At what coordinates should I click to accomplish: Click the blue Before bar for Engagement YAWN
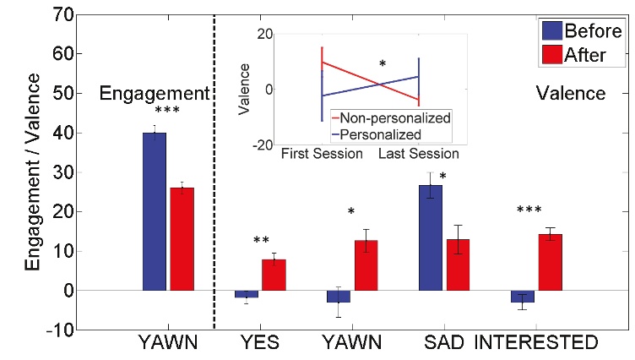tap(155, 211)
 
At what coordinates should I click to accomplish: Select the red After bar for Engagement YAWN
tap(182, 239)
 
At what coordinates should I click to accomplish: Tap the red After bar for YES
tap(274, 275)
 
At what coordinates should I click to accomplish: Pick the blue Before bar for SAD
tap(431, 238)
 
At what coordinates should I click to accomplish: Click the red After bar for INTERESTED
tap(551, 263)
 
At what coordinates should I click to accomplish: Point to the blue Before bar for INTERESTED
tap(523, 297)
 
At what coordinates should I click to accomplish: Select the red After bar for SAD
tap(458, 265)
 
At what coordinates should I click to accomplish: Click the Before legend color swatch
tap(552, 30)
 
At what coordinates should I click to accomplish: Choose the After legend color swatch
tap(552, 54)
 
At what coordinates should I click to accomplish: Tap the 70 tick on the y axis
tap(63, 15)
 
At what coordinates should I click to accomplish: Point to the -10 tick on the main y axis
tap(60, 330)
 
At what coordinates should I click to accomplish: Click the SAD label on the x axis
tap(444, 343)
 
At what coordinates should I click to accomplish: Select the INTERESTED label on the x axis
tap(535, 343)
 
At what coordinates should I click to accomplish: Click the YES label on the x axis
tap(260, 343)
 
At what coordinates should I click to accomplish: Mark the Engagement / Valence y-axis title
tap(32, 172)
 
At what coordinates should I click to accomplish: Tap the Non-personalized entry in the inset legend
tap(395, 118)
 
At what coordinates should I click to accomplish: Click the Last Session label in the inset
tap(419, 154)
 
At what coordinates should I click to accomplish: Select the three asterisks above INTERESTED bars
tap(529, 210)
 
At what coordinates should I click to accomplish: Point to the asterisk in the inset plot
tap(383, 63)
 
